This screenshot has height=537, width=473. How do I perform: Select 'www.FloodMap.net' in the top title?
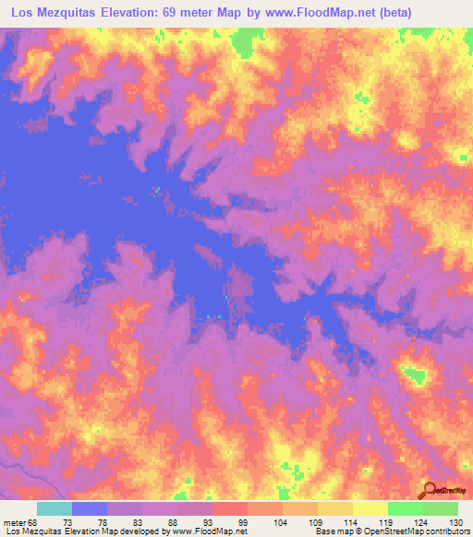(x=298, y=12)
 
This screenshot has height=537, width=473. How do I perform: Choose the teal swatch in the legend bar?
(x=55, y=508)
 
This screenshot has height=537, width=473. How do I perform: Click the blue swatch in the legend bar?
(x=90, y=508)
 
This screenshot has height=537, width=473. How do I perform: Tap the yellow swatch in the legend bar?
(x=370, y=508)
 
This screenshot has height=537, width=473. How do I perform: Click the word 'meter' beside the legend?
(x=15, y=521)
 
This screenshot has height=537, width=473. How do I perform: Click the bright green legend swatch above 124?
(x=405, y=508)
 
